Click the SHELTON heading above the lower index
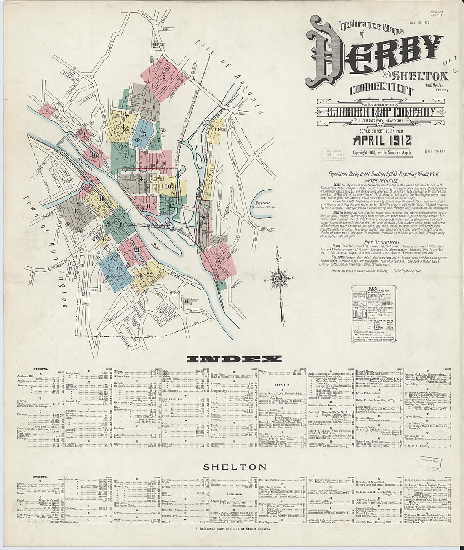pyautogui.click(x=235, y=467)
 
